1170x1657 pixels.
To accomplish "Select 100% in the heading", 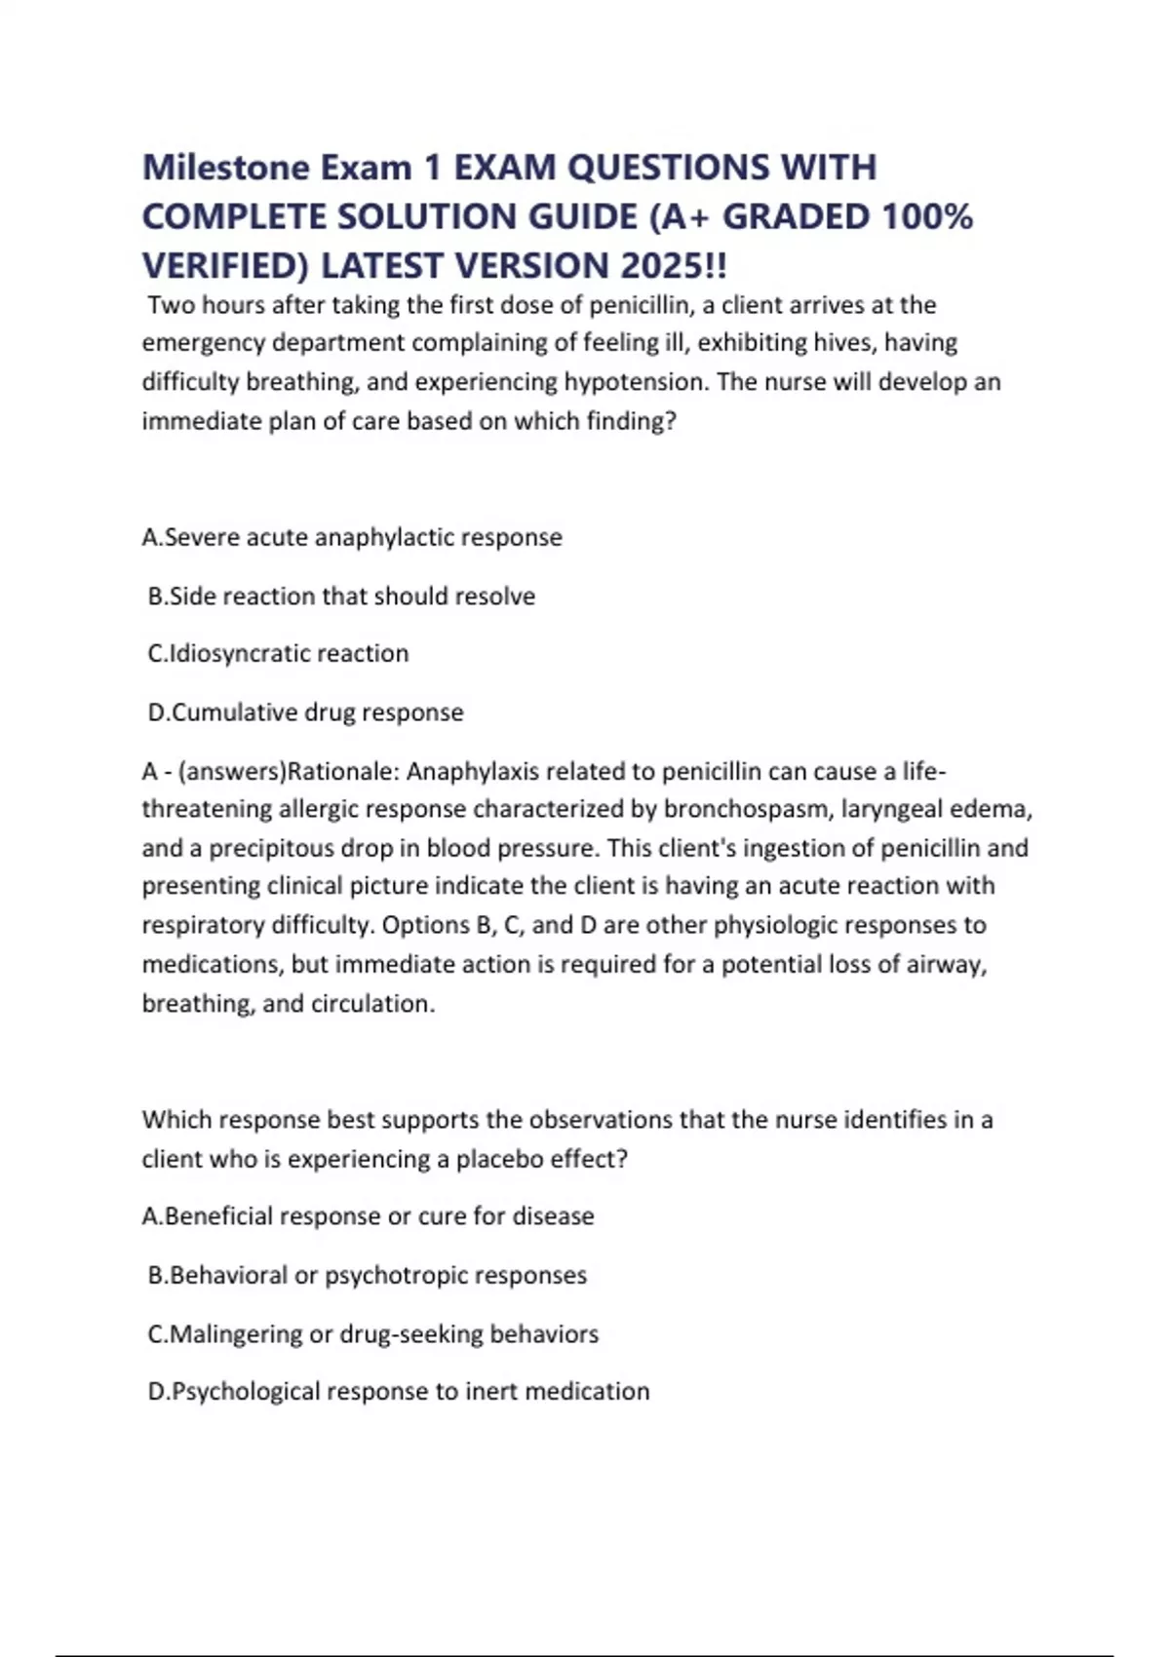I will pyautogui.click(x=926, y=216).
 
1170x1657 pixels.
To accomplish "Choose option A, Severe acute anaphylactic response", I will pyautogui.click(x=352, y=537).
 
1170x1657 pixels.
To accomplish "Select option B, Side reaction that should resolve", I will pyautogui.click(x=341, y=596).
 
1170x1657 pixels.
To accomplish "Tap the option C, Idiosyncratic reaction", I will pyautogui.click(x=278, y=653).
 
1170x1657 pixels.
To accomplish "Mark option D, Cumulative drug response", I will pyautogui.click(x=305, y=713).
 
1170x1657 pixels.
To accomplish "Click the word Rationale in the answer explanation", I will pyautogui.click(x=342, y=771).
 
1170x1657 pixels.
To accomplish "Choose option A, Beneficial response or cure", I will pyautogui.click(x=368, y=1216).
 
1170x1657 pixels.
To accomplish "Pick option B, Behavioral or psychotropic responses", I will pyautogui.click(x=367, y=1275).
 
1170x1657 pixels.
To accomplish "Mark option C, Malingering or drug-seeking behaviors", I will pyautogui.click(x=372, y=1333).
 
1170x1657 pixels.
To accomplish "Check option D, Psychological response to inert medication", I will pyautogui.click(x=398, y=1391).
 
